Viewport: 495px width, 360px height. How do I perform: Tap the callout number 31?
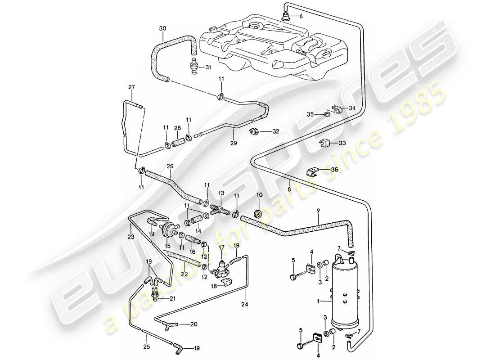tap(207, 67)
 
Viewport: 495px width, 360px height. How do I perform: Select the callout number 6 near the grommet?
tap(301, 16)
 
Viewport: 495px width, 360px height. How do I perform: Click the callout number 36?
tap(333, 170)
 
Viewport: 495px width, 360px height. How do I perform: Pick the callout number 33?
tap(342, 143)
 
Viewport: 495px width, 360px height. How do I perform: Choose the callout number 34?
tap(352, 108)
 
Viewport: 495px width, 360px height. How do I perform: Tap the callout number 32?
tap(275, 131)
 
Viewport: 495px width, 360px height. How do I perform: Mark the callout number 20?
tap(194, 324)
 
